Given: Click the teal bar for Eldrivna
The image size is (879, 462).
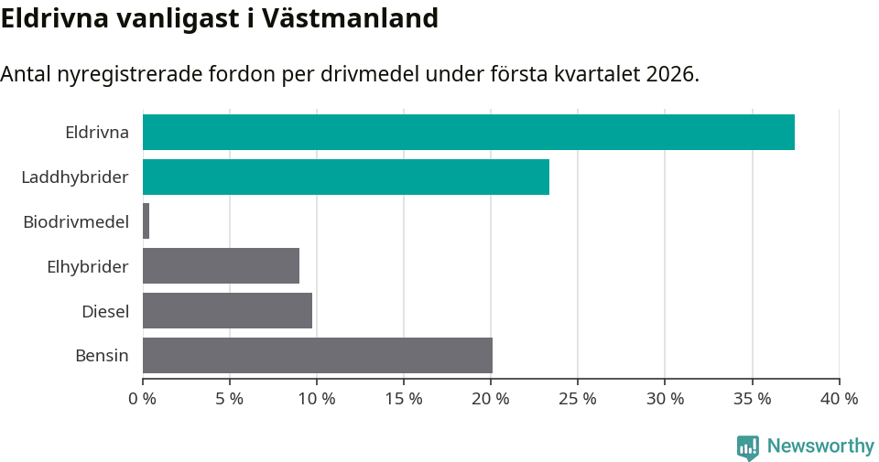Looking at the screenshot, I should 468,132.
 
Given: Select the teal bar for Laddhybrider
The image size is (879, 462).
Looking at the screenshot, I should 345,177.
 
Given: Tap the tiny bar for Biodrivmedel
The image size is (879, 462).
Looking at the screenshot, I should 146,221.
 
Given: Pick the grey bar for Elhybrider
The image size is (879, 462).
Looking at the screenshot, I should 221,266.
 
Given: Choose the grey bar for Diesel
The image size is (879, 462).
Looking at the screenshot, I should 227,311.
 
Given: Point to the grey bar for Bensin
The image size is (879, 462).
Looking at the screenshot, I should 317,355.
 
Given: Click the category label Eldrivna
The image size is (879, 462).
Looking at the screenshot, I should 96,132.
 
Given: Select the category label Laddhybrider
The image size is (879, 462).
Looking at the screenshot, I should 75,177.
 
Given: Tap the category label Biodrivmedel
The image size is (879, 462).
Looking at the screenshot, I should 75,221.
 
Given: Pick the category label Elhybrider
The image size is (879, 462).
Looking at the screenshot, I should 87,266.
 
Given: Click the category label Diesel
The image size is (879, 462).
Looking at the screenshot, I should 104,311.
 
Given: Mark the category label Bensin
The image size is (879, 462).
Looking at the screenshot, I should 102,355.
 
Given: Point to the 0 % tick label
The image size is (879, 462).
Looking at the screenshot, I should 143,399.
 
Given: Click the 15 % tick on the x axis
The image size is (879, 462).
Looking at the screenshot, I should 404,399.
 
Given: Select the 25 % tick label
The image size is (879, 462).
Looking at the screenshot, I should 578,399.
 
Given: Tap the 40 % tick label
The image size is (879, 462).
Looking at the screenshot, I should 839,399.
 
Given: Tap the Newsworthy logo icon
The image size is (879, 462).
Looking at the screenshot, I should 748,446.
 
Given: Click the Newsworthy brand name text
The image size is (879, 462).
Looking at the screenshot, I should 820,446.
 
